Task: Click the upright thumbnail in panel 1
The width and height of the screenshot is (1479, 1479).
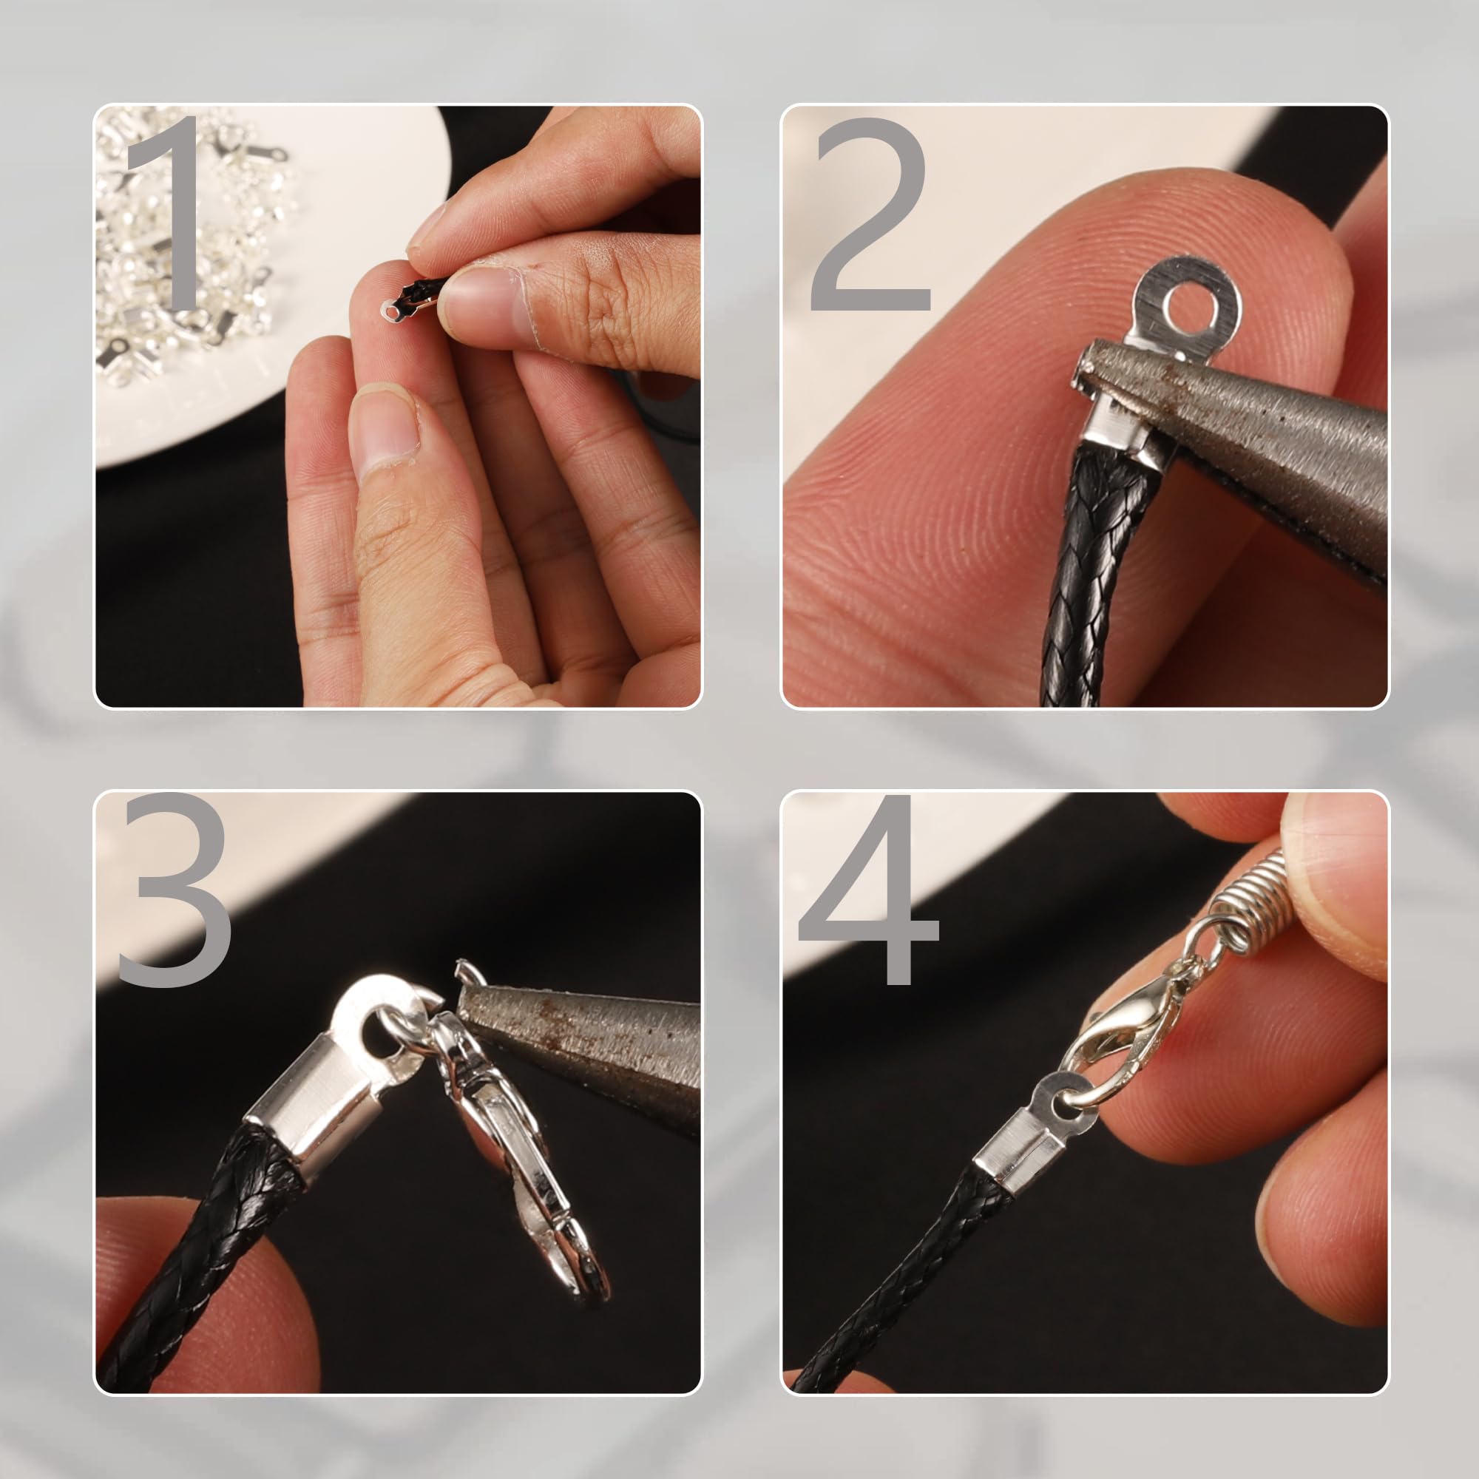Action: (x=385, y=433)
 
